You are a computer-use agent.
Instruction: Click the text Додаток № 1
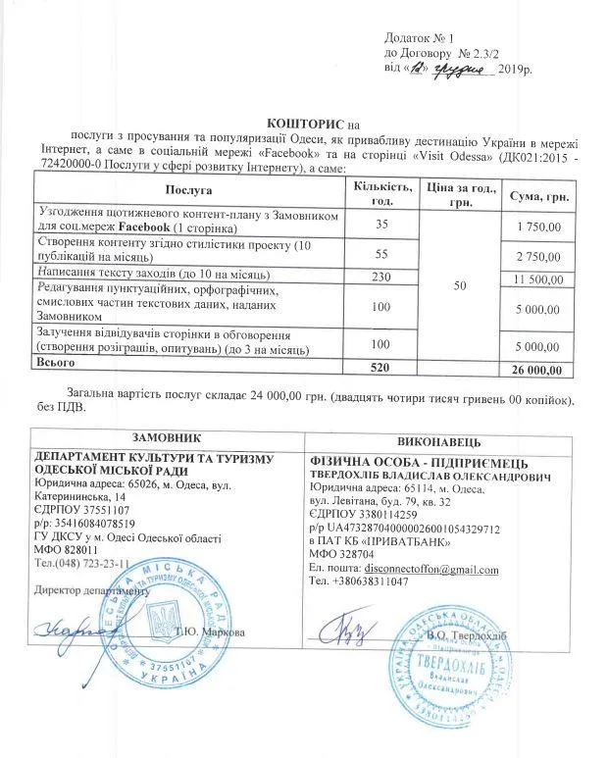[419, 34]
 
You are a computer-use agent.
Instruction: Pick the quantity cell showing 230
[380, 276]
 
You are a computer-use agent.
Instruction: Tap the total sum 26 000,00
[536, 370]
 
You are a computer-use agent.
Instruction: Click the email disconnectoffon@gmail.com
[418, 569]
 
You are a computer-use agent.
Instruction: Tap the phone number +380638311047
[372, 581]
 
